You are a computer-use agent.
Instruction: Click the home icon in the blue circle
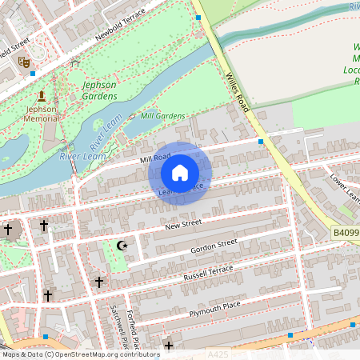[x=180, y=173]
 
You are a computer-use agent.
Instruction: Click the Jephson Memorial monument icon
[x=42, y=96]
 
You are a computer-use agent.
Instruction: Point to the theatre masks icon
[x=24, y=61]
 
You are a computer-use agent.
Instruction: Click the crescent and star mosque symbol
[x=122, y=245]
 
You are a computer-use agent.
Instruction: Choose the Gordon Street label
[x=214, y=246]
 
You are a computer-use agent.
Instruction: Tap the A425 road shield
[x=218, y=354]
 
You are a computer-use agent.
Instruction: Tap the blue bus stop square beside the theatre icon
[x=33, y=73]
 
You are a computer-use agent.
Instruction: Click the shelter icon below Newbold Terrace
[x=75, y=62]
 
